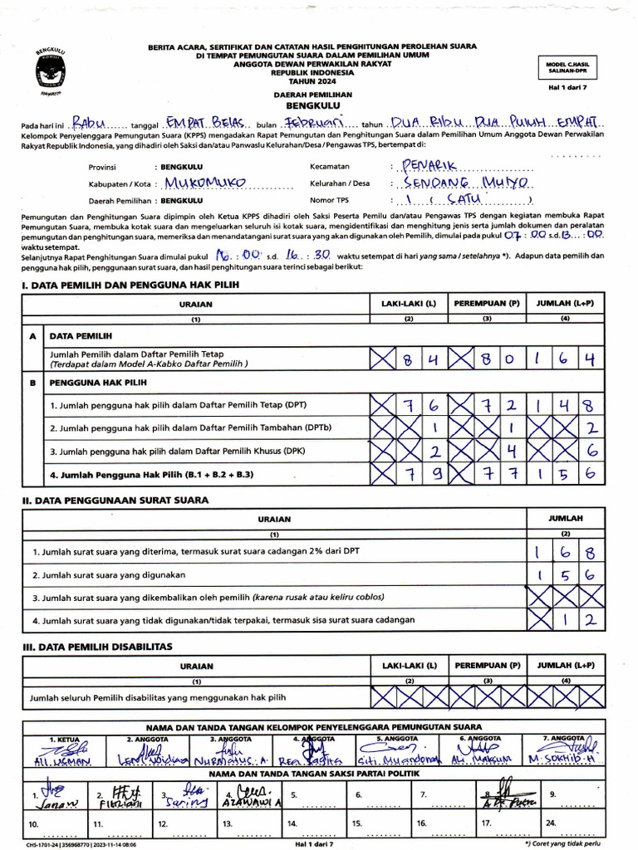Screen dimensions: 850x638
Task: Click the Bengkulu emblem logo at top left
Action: coord(52,71)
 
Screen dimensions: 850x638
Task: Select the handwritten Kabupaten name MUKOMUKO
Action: coord(205,183)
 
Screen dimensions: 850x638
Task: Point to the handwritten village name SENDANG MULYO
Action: coord(457,183)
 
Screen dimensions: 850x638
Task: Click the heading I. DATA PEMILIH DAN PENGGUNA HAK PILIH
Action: coord(130,285)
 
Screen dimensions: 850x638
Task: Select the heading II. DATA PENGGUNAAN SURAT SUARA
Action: coord(115,501)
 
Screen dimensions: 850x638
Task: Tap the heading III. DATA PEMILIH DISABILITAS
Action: coord(96,646)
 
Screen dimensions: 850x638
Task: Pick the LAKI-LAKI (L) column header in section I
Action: coord(408,304)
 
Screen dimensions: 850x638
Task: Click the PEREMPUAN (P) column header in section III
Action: coord(487,665)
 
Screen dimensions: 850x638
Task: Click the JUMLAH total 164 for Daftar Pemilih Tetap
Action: coord(566,359)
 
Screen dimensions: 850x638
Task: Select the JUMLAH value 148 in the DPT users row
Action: coord(566,405)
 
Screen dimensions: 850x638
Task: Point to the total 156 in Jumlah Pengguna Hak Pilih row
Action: coord(566,475)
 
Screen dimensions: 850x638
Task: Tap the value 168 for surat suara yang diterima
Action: coord(566,552)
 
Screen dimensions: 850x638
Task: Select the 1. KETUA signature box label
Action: coord(64,738)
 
